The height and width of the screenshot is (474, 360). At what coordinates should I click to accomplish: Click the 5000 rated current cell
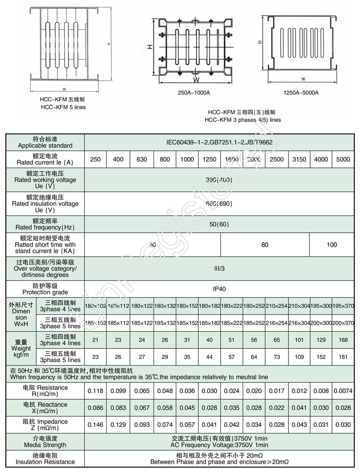click(343, 159)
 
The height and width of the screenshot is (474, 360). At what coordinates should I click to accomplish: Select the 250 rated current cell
click(95, 159)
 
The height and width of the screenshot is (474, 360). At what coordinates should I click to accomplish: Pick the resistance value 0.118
click(95, 391)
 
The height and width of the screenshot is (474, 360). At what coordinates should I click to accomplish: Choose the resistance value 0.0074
click(343, 391)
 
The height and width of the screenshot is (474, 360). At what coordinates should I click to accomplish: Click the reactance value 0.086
click(95, 408)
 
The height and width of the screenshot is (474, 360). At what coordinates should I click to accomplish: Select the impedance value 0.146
click(95, 425)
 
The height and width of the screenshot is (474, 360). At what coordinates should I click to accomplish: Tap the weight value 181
click(343, 357)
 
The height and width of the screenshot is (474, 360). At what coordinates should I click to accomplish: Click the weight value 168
click(343, 340)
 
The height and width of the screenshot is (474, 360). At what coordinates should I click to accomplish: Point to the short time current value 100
click(332, 245)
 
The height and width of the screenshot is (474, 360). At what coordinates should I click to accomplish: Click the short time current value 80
click(265, 245)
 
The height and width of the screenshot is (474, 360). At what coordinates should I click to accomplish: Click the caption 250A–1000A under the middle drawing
click(194, 93)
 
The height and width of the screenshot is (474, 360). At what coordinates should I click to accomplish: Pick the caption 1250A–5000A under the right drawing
click(301, 93)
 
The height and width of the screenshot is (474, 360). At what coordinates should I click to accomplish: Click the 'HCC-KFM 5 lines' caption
click(63, 107)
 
